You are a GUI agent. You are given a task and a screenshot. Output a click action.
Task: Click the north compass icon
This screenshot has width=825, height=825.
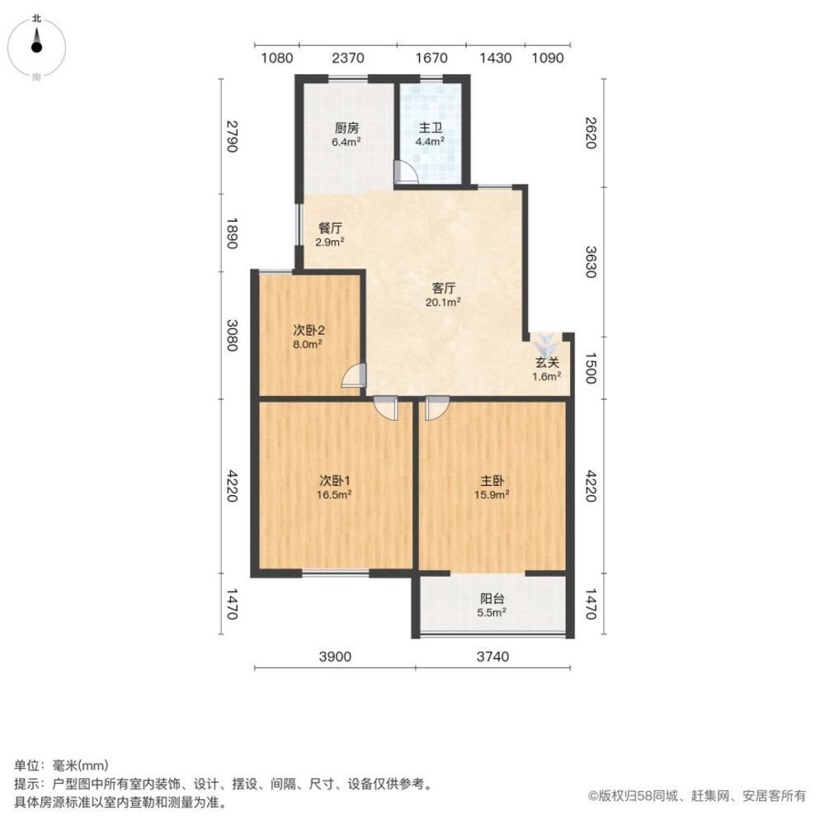tap(37, 45)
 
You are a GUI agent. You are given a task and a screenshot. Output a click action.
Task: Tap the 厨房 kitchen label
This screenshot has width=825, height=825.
tap(346, 128)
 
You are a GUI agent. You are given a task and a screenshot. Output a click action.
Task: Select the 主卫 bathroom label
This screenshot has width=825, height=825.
tap(430, 128)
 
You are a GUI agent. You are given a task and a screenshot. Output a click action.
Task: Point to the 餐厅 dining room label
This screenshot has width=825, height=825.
tap(330, 228)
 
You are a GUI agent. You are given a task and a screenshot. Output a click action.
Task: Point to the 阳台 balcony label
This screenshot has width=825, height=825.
tap(493, 599)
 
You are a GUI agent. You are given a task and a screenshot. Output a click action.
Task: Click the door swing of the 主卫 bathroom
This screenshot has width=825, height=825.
tap(406, 172)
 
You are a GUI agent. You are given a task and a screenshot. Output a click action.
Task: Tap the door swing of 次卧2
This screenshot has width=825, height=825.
tap(353, 375)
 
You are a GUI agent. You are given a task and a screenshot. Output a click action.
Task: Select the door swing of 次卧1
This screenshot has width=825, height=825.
tap(385, 408)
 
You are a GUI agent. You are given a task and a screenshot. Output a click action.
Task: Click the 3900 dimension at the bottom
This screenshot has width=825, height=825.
tap(335, 657)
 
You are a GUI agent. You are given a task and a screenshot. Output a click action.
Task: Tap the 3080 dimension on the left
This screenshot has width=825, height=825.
tap(232, 335)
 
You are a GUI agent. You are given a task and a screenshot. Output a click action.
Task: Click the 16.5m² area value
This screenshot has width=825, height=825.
tap(336, 496)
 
